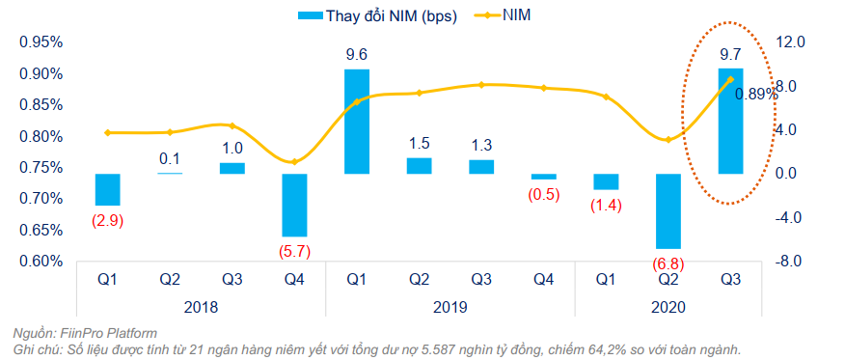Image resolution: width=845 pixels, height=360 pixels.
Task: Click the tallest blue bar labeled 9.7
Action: pyautogui.click(x=730, y=121)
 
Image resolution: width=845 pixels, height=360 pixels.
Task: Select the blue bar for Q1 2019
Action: pyautogui.click(x=357, y=122)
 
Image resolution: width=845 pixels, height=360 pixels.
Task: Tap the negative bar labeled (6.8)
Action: pyautogui.click(x=668, y=211)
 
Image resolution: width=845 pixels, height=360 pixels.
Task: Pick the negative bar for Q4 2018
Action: pyautogui.click(x=294, y=205)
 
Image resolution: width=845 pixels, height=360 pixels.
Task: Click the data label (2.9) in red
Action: pyautogui.click(x=107, y=220)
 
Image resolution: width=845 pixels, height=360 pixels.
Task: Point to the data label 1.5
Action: pyautogui.click(x=419, y=144)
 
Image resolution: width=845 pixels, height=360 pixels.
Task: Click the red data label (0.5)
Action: pyautogui.click(x=543, y=194)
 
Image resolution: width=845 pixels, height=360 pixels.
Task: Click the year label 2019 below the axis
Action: pyautogui.click(x=450, y=306)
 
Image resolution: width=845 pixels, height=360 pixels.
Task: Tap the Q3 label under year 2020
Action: pyautogui.click(x=730, y=281)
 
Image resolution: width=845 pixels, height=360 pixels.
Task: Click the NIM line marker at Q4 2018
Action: pyautogui.click(x=294, y=161)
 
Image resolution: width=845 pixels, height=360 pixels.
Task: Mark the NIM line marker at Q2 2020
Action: pyautogui.click(x=668, y=140)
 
